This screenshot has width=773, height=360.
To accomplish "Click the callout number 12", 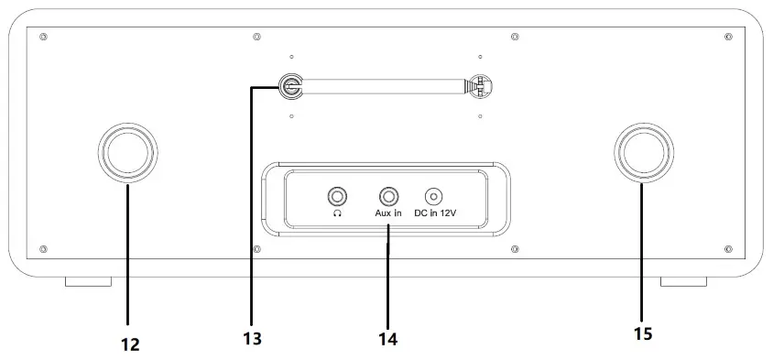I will click(129, 344).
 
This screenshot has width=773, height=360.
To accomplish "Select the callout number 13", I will click(252, 339).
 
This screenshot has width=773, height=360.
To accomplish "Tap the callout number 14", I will click(387, 339).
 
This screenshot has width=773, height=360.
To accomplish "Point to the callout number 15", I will click(643, 334).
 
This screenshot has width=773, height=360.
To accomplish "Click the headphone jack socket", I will click(338, 196).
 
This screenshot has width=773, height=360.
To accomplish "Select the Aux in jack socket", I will click(388, 196).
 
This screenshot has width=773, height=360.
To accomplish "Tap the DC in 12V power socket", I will click(433, 196).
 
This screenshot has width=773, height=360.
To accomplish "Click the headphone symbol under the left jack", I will click(338, 213).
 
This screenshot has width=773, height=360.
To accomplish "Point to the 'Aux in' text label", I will click(388, 213).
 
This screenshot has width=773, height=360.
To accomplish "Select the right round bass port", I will click(642, 152).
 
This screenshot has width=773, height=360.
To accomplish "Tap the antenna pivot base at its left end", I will click(290, 86).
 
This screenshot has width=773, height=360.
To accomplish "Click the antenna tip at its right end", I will click(480, 86).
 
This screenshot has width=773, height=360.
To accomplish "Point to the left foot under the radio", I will click(88, 281).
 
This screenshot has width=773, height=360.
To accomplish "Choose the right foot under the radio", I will click(683, 281).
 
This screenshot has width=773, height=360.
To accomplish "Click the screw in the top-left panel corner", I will click(44, 37).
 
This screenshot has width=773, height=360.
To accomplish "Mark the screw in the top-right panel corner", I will click(728, 37).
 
